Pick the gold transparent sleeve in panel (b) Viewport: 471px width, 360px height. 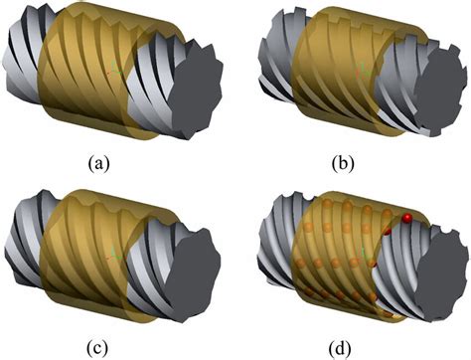pos(333,65)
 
